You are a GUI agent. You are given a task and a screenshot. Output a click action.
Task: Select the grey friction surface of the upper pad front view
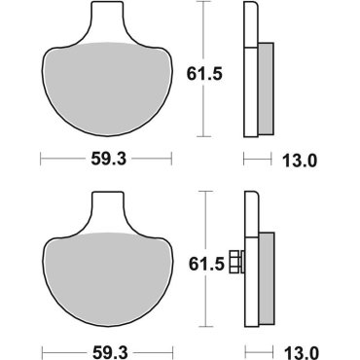(x=106, y=88)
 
